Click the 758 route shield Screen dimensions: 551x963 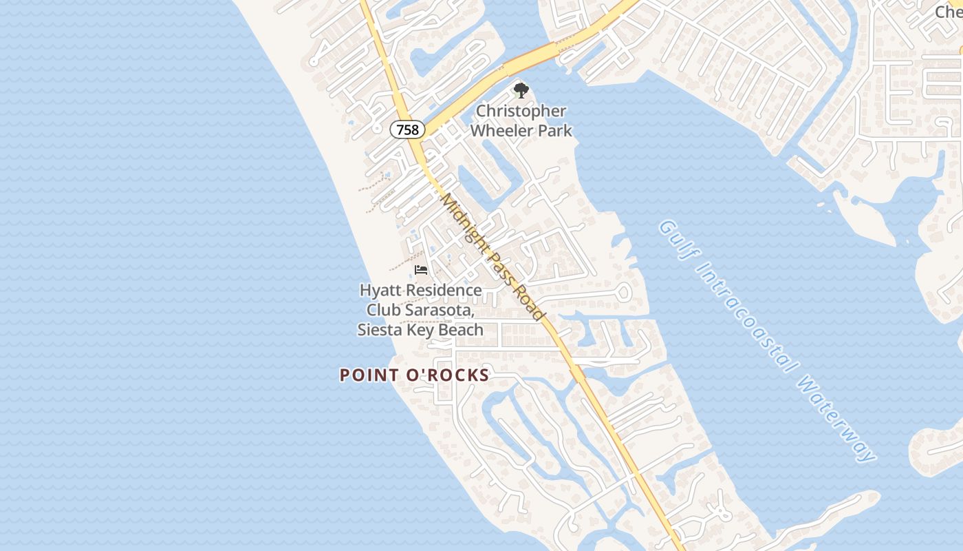coord(407,129)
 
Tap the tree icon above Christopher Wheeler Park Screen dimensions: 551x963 coord(521,90)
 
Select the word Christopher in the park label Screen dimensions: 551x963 coord(521,111)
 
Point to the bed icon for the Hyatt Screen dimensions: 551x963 coord(421,270)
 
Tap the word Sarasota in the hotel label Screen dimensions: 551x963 coord(441,311)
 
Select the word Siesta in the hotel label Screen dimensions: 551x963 coord(378,330)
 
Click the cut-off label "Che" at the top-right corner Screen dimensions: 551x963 coord(949,11)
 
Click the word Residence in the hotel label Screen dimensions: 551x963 coord(442,291)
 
